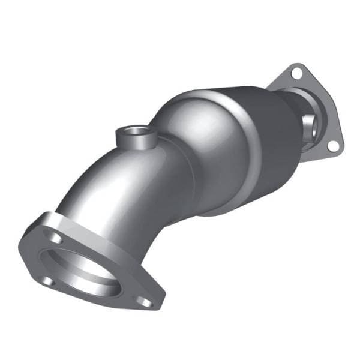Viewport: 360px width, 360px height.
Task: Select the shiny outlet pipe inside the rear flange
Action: (x=312, y=123)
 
